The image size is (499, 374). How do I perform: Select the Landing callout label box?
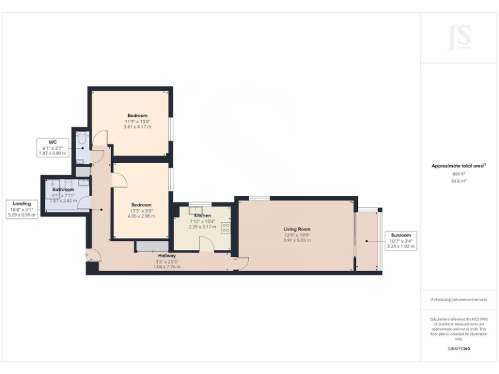tap(21, 208)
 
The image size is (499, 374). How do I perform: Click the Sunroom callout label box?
tap(400, 240)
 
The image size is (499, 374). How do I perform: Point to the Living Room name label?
tap(297, 229)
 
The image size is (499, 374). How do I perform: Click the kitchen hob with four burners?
tap(226, 229)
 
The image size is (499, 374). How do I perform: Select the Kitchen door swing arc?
tap(207, 243)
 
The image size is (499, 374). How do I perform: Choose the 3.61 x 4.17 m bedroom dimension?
tap(137, 127)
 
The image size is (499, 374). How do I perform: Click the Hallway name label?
tap(164, 256)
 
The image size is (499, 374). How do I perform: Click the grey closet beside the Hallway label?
tap(151, 245)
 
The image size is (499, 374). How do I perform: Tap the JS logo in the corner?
tap(459, 38)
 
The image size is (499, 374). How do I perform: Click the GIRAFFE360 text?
tap(459, 349)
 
